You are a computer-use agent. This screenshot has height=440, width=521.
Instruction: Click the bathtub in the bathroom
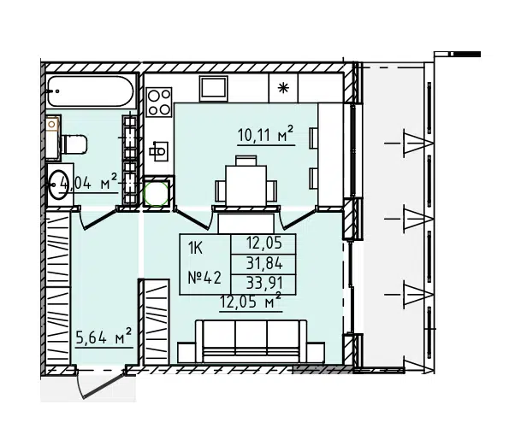91,91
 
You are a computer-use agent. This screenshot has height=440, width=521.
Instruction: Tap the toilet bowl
74,144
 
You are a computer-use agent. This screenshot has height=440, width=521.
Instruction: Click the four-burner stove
159,102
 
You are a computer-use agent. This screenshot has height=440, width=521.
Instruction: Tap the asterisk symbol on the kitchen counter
283,88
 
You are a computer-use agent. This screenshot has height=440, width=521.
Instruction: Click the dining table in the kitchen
246,185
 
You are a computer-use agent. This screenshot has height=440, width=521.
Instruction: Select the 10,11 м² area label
266,135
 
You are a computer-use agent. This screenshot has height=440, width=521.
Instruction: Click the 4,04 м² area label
88,183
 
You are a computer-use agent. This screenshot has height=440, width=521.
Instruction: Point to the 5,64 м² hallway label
104,337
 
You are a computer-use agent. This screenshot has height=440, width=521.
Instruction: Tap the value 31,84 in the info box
264,264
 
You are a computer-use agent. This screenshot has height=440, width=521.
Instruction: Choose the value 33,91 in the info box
264,283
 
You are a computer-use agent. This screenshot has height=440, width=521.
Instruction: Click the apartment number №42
204,278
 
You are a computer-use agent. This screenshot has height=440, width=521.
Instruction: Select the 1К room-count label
195,248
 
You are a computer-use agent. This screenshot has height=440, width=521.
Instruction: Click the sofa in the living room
251,342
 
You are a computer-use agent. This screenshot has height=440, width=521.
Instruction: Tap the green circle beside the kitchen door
156,194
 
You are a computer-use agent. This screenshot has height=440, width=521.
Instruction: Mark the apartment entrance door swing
100,385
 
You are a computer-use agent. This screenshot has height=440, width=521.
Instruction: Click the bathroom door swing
98,220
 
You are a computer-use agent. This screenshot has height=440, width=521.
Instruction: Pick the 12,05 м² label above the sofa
251,302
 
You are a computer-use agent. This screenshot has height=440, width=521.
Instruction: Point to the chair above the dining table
246,161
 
